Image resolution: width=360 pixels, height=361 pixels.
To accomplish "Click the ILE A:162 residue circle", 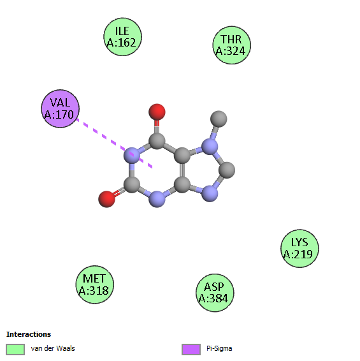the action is (x=122, y=37).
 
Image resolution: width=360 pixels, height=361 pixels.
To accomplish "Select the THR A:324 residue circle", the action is (x=232, y=45).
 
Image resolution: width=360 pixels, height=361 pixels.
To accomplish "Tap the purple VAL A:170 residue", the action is (x=61, y=108).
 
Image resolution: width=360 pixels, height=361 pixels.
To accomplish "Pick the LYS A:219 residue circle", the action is (x=299, y=248).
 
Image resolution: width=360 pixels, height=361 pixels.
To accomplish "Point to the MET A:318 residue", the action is (x=95, y=284).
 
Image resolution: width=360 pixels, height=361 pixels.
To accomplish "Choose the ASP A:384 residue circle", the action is (x=215, y=293).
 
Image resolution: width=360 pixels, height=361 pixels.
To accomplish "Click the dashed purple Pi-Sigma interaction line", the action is (x=114, y=144).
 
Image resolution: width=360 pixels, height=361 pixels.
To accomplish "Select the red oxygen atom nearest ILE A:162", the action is (x=157, y=112).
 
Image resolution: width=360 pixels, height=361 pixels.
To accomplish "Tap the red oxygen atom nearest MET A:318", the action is (x=107, y=199).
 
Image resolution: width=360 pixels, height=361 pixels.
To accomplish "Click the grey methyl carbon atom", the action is (x=219, y=119).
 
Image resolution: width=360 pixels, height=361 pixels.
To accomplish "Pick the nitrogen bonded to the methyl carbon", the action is (x=210, y=147).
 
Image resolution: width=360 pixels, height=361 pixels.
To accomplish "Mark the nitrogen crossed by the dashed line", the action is (x=132, y=156).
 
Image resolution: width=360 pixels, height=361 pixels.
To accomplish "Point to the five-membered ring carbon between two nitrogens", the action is (x=227, y=170).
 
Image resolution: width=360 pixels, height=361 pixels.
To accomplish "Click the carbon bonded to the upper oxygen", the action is (x=157, y=141).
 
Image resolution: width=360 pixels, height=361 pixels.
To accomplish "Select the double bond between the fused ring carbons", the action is (x=182, y=170).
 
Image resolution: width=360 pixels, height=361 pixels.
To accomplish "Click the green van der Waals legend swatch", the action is (x=15, y=350).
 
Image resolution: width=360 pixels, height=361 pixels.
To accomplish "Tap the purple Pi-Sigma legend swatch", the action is (x=191, y=350).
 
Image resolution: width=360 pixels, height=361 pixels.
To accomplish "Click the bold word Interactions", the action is (x=29, y=334).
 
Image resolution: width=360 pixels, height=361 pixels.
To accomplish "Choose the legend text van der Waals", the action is (x=53, y=348).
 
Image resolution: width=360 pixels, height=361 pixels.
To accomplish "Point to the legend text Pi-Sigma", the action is (x=219, y=349).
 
